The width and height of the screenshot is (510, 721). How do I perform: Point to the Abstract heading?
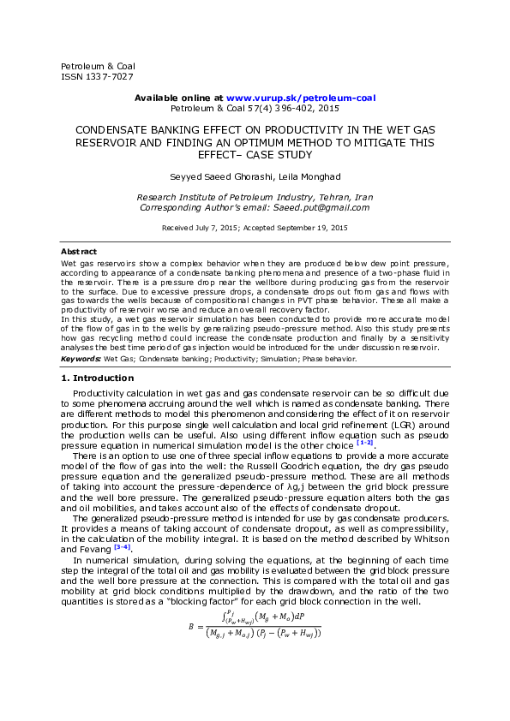(x=78, y=251)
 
